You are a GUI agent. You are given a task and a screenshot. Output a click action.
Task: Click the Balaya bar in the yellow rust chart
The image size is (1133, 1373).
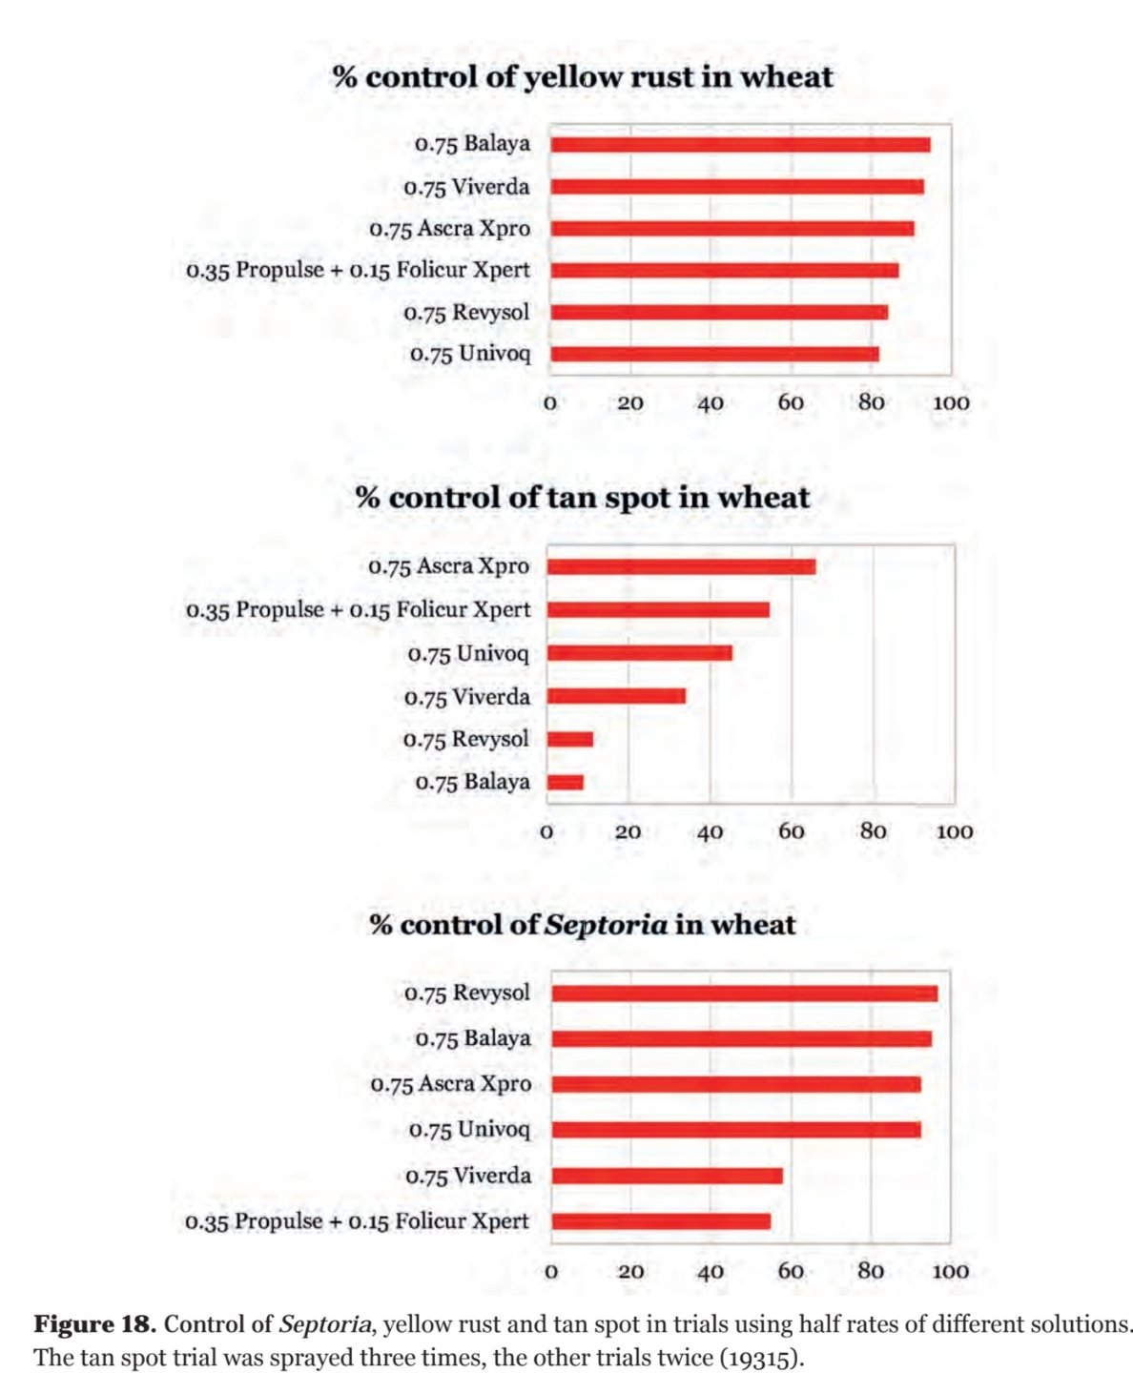pos(740,145)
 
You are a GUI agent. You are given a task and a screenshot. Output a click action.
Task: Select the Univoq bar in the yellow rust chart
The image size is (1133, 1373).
pos(714,355)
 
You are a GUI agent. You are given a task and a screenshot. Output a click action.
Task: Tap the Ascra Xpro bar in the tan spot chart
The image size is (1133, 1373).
pos(681,566)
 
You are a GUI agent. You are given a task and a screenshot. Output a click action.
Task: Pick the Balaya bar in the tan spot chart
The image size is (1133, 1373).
pos(566,783)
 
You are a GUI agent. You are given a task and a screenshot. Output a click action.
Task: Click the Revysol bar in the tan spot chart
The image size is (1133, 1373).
pos(570,739)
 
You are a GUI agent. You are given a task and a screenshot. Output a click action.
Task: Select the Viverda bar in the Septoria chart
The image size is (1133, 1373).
pos(667,1176)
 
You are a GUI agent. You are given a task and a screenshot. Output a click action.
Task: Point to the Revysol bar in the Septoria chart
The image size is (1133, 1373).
pos(744,994)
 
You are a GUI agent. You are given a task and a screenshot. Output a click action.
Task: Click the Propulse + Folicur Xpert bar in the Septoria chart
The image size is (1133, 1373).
pos(661,1221)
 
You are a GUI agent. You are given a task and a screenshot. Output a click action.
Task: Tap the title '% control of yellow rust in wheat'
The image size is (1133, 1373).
pos(583,77)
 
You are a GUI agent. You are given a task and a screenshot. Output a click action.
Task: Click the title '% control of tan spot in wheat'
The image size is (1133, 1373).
pos(583,498)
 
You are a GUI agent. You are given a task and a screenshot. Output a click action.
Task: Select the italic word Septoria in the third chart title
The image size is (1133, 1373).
pos(606,925)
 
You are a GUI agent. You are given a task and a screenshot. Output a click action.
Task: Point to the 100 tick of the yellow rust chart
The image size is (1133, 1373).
pos(950,402)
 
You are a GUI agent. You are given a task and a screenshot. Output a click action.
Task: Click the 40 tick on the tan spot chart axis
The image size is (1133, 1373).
pos(710,831)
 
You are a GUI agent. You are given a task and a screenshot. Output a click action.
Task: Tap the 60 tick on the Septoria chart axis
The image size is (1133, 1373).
pos(791,1270)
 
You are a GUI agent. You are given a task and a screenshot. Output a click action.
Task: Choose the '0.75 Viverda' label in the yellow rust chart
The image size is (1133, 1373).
pos(466,187)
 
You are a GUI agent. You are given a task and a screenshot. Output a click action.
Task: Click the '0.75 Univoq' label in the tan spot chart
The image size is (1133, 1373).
pos(467,654)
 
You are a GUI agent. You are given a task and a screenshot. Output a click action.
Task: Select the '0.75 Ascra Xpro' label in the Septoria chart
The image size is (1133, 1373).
pos(451,1084)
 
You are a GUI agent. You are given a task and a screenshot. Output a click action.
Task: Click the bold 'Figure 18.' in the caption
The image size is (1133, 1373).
pos(95,1324)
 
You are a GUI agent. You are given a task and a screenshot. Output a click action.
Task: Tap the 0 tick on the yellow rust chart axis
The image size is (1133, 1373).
pos(549,402)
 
